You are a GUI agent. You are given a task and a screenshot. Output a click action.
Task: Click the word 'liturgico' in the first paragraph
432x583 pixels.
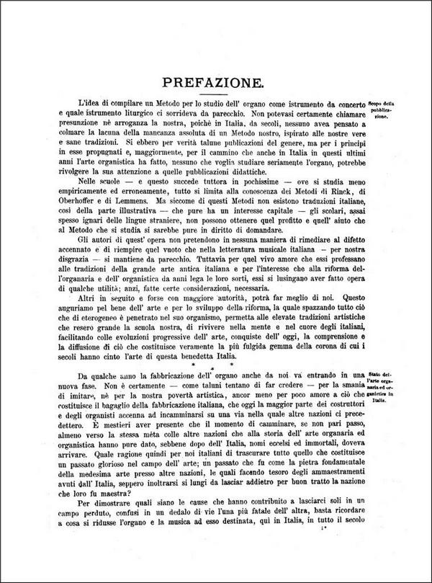[x=128, y=114]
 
